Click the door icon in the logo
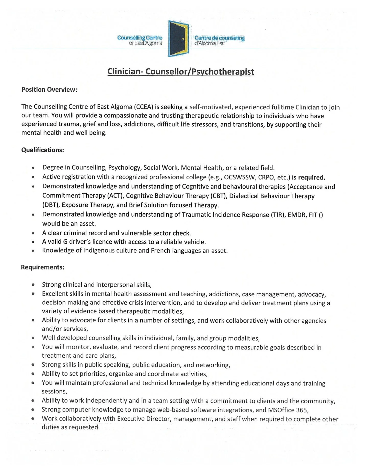(178, 39)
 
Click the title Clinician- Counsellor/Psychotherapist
(181, 71)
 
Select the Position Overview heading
(49, 90)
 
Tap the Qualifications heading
(42, 150)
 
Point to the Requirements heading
(42, 267)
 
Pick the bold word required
(312, 177)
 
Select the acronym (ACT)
(115, 196)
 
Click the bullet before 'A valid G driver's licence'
(33, 242)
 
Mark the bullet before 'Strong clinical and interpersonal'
(33, 285)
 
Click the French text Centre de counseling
(219, 38)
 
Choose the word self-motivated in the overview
(211, 107)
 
